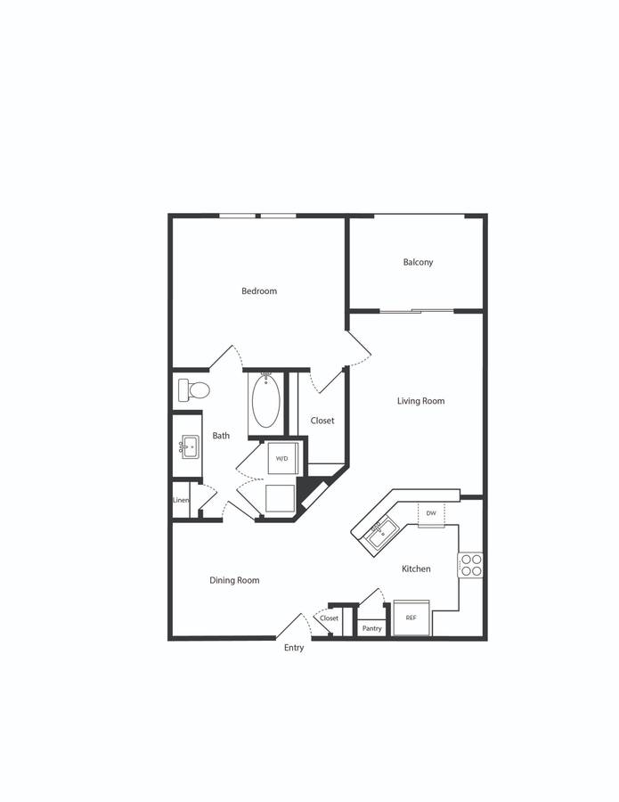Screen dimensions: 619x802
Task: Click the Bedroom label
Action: click(259, 291)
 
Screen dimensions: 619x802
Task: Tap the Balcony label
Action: click(418, 262)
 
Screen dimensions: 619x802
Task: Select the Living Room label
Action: click(420, 401)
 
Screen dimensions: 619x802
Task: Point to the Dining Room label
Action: click(234, 580)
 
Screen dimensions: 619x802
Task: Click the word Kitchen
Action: click(416, 569)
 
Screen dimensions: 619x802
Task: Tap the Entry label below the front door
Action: click(294, 648)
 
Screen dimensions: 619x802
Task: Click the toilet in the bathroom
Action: click(194, 390)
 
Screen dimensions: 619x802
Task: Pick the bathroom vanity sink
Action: click(189, 447)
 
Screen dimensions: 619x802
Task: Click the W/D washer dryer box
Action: click(282, 458)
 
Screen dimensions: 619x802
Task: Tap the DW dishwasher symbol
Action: click(431, 513)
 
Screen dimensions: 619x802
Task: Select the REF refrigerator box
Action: click(411, 618)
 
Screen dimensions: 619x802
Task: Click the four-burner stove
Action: click(470, 565)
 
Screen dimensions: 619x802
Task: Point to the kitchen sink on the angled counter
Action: click(383, 534)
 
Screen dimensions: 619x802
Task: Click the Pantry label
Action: click(371, 628)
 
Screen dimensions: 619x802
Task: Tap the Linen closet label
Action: click(181, 500)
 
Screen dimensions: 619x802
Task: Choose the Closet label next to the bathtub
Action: click(322, 421)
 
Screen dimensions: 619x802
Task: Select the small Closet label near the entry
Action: click(330, 618)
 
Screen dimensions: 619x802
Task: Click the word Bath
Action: click(221, 436)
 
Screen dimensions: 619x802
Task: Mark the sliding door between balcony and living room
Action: click(417, 310)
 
